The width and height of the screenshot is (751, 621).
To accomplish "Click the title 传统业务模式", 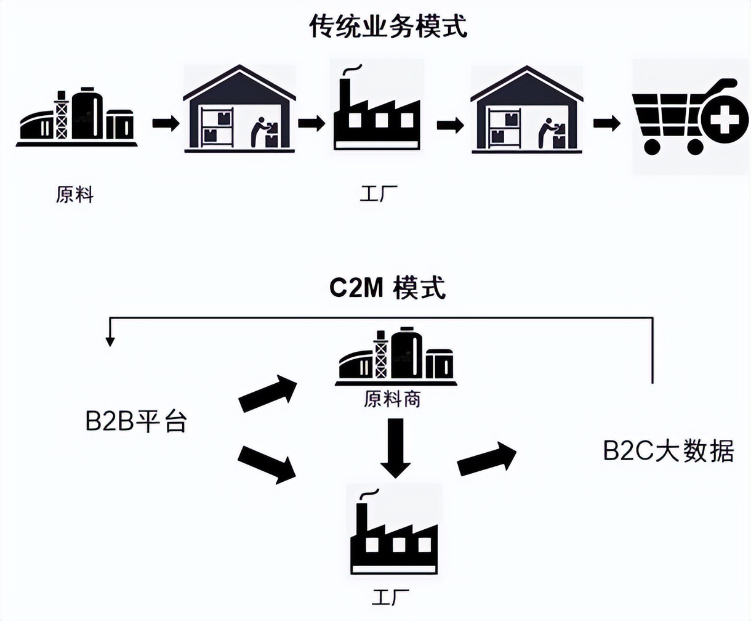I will (x=388, y=27).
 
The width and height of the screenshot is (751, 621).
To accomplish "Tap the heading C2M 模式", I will (x=387, y=288).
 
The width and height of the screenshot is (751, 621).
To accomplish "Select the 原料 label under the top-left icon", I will (x=74, y=195).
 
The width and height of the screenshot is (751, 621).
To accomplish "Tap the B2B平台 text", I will (x=135, y=423).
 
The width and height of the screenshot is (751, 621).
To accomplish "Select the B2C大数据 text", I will (x=669, y=451).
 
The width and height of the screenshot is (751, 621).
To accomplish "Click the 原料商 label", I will (x=392, y=400).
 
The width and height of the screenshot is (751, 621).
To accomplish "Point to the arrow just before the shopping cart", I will (x=606, y=123).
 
